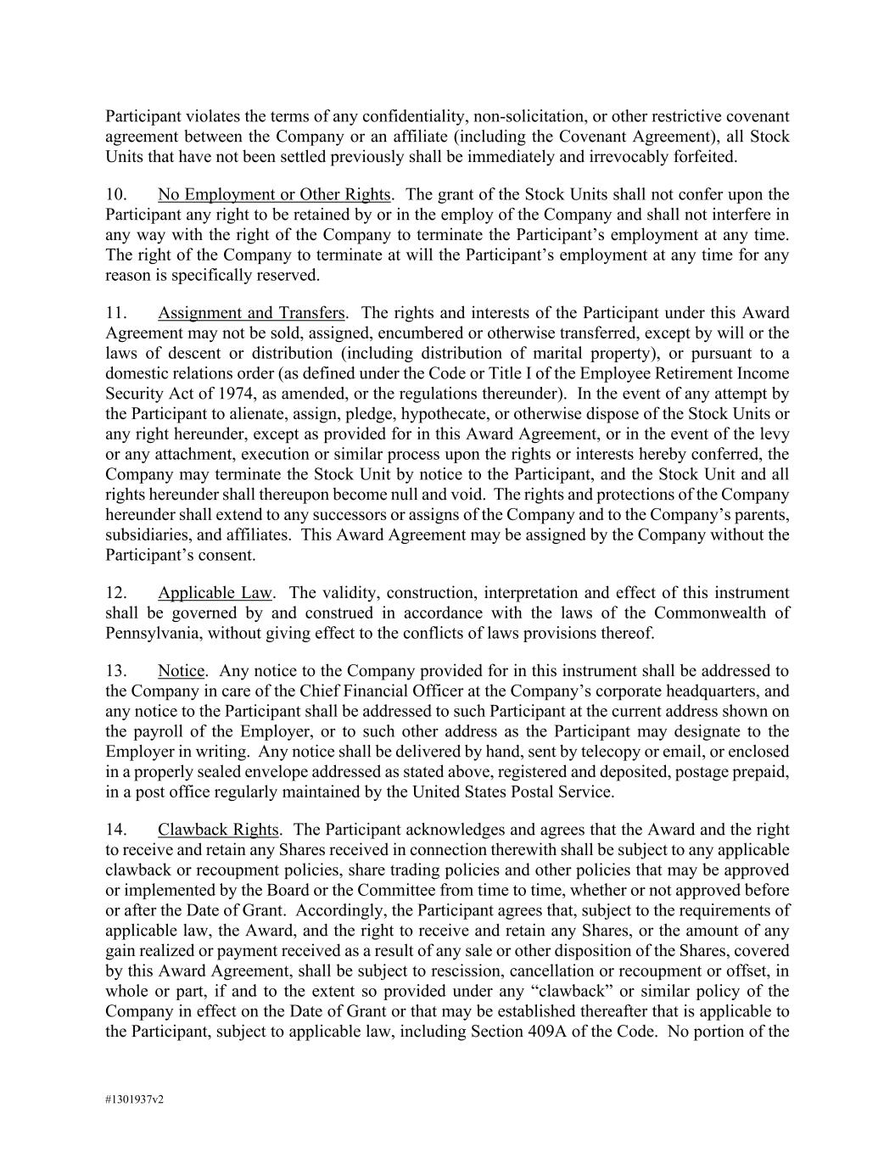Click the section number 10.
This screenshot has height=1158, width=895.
[x=116, y=195]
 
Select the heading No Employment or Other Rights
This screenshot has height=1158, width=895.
[x=274, y=195]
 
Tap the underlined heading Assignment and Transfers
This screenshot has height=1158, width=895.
[x=251, y=313]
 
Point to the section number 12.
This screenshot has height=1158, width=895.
[x=116, y=593]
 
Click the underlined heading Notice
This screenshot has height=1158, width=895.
[x=181, y=671]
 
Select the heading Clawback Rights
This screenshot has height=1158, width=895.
[x=218, y=830]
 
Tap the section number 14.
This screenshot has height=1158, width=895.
[x=116, y=830]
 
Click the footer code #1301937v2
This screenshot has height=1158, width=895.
[x=134, y=1099]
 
